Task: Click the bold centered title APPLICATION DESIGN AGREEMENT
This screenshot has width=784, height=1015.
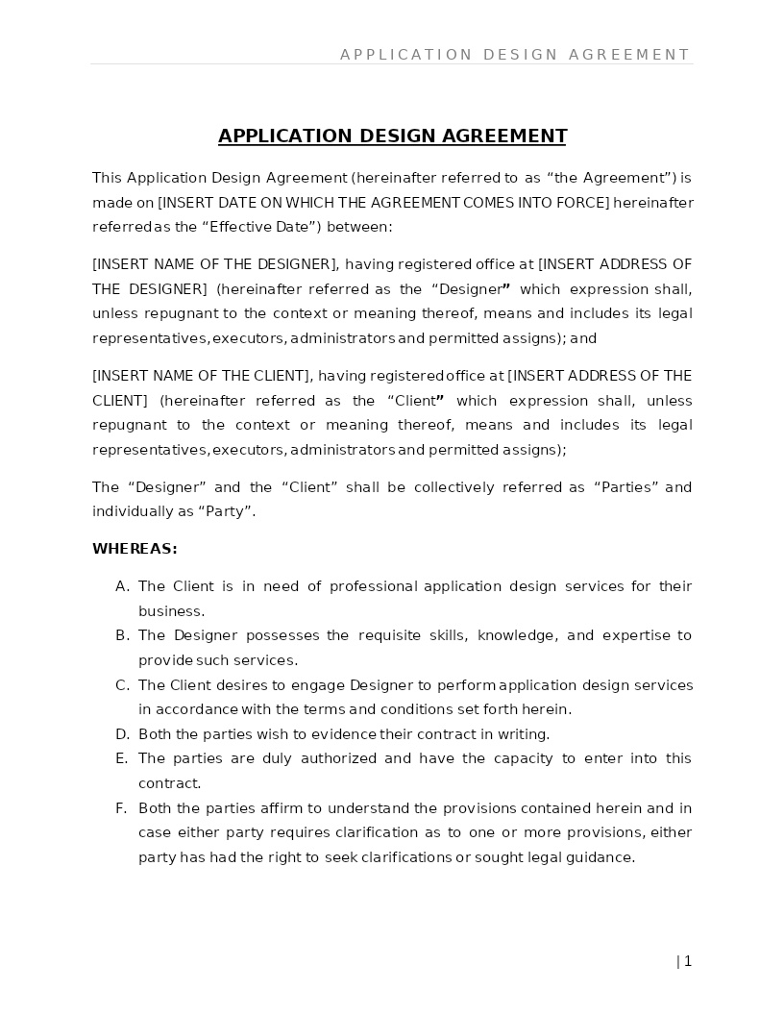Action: click(x=392, y=136)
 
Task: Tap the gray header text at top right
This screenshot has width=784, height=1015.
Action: click(x=515, y=55)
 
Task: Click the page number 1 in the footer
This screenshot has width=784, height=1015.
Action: click(x=688, y=961)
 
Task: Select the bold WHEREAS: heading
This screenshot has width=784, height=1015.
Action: click(x=135, y=549)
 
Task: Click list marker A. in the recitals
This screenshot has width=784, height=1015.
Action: click(x=122, y=586)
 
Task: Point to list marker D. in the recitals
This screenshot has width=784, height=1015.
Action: click(x=122, y=734)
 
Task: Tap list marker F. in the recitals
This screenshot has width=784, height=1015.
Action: click(x=122, y=808)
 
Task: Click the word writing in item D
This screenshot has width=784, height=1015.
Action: click(x=523, y=734)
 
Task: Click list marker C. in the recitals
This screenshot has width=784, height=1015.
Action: click(x=122, y=685)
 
